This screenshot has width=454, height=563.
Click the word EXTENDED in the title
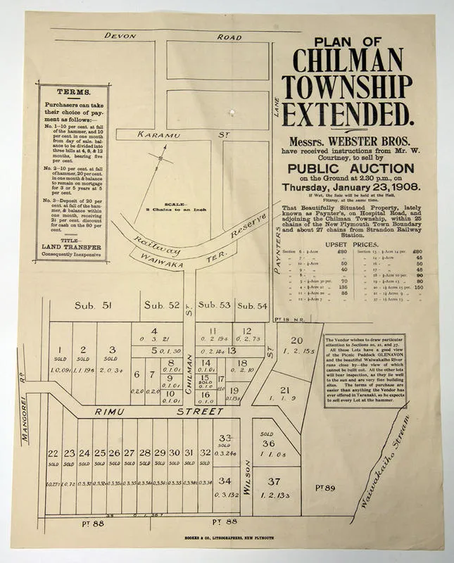click(x=346, y=112)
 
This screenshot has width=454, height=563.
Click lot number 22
click(x=53, y=453)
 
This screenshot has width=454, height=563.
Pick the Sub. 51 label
click(x=94, y=305)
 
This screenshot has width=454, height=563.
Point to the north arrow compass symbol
click(x=162, y=159)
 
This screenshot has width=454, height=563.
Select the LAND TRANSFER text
click(x=70, y=247)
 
